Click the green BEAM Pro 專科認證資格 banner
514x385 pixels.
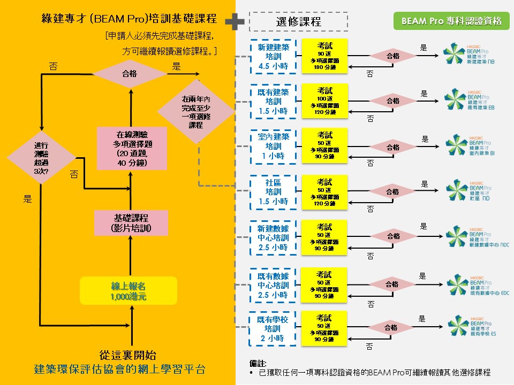click(451, 21)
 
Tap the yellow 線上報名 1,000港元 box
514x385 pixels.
click(128, 291)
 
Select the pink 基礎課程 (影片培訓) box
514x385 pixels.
click(131, 223)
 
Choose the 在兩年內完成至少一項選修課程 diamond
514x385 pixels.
click(196, 112)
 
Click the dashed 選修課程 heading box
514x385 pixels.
click(298, 22)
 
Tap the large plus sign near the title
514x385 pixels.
click(235, 21)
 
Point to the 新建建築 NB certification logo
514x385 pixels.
click(468, 55)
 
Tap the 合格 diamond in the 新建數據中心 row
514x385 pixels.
click(393, 236)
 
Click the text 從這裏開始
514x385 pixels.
click(128, 355)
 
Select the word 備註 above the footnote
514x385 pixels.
click(258, 364)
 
